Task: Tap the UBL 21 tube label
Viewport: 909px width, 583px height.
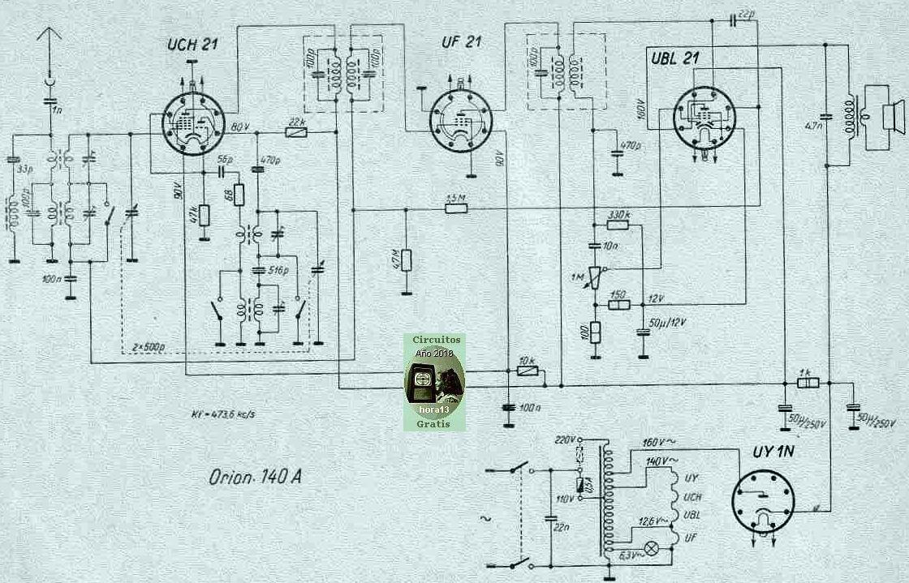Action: [x=676, y=58]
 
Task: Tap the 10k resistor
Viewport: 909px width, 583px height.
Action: [x=527, y=371]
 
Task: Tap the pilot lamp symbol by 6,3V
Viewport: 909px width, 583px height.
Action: [x=650, y=548]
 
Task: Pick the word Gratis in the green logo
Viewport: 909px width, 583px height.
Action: [x=434, y=422]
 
